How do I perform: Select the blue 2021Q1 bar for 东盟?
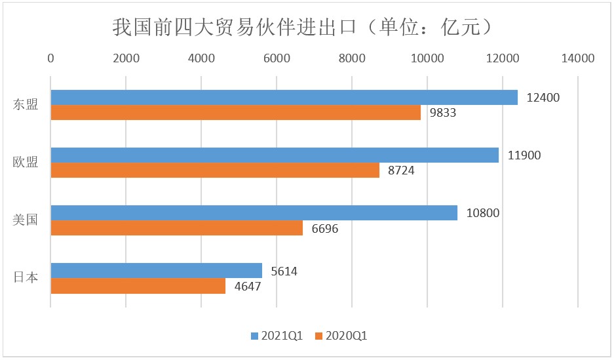tap(284, 98)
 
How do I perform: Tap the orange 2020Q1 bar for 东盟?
tap(236, 112)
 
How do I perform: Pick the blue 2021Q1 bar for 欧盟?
tap(275, 155)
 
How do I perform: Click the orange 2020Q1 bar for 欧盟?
tap(215, 170)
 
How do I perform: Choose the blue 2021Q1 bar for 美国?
tap(254, 212)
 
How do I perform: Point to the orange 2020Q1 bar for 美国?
tap(177, 228)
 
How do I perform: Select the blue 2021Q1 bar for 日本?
tap(156, 271)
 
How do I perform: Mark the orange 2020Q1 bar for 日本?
tap(138, 285)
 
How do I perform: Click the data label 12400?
tap(543, 98)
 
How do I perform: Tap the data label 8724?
tap(401, 170)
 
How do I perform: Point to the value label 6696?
tap(324, 228)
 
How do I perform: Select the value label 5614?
tap(284, 271)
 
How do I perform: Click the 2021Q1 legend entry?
tap(277, 336)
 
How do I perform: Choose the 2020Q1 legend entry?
tap(341, 336)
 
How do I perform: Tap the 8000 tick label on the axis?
tap(352, 58)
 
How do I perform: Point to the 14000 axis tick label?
tap(577, 58)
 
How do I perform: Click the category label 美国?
tap(25, 220)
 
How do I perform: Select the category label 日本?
tap(25, 277)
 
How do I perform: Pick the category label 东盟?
tap(25, 104)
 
